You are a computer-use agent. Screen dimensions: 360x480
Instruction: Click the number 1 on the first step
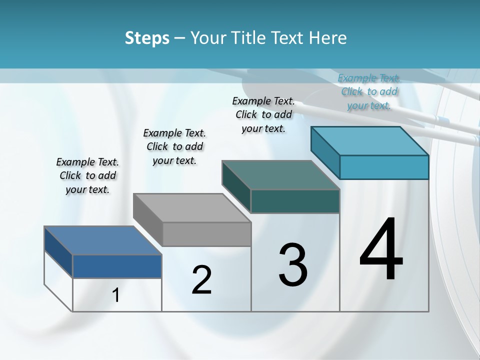[116, 295]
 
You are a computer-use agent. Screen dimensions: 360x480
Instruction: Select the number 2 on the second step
[201, 280]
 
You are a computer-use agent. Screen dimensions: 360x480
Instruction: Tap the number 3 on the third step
[293, 264]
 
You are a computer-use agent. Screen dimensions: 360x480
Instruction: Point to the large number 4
[381, 249]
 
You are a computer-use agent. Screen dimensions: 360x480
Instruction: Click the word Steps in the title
[147, 38]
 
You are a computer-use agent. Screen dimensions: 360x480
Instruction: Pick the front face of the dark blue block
[117, 266]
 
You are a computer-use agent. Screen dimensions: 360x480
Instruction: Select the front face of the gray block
[206, 234]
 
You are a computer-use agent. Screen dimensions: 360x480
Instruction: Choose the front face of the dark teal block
[295, 201]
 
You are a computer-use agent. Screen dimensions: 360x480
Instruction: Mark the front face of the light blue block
[384, 167]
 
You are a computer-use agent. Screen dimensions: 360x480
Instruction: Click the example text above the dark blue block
[87, 175]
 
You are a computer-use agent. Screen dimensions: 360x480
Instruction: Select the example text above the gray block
[174, 146]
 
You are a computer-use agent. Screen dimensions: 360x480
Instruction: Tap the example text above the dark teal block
[263, 114]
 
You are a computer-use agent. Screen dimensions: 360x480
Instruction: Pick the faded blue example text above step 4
[369, 91]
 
